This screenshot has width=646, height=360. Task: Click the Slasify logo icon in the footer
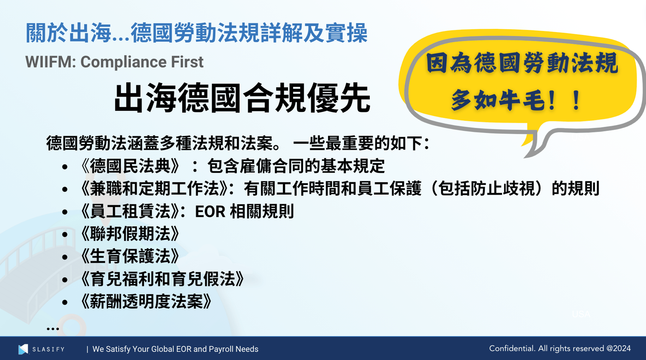pyautogui.click(x=23, y=349)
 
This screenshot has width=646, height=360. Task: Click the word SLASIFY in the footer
pyautogui.click(x=49, y=349)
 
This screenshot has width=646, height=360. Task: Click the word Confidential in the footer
pyautogui.click(x=512, y=349)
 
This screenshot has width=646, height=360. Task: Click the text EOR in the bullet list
pyautogui.click(x=210, y=212)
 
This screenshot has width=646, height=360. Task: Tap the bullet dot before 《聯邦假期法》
pyautogui.click(x=65, y=234)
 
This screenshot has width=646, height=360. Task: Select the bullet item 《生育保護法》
pyautogui.click(x=130, y=257)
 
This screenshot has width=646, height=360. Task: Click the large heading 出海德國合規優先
pyautogui.click(x=242, y=98)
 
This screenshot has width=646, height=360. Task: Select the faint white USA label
pyautogui.click(x=581, y=314)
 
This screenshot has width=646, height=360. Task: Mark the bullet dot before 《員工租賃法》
pyautogui.click(x=65, y=212)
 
